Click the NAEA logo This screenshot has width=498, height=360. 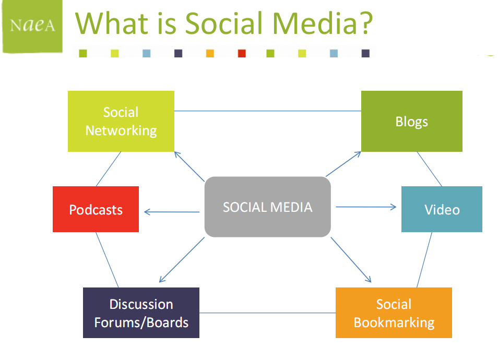pos(32,27)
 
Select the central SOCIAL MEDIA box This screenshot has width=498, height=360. pos(267,207)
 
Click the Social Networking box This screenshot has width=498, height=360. pos(121,121)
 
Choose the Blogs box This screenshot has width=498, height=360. pos(412,121)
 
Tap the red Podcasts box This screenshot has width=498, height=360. pos(96,209)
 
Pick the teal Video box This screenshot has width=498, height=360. pos(442,209)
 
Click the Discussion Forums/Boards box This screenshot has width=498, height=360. pos(141,313)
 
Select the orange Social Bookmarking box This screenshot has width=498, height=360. pos(394,313)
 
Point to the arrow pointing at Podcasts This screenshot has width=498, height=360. pos(172,212)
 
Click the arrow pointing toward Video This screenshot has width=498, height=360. pos(366,207)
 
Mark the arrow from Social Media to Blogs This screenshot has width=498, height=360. pos(343,164)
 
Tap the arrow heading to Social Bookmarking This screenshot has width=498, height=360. pos(351,260)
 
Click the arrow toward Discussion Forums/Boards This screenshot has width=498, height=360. pos(182,260)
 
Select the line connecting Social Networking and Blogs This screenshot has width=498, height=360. pos(268,111)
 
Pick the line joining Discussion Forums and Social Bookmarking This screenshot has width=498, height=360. pos(267,313)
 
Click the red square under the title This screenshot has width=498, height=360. pos(242,53)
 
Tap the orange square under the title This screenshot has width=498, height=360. pos(210,53)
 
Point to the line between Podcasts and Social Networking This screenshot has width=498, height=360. pos(108,169)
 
